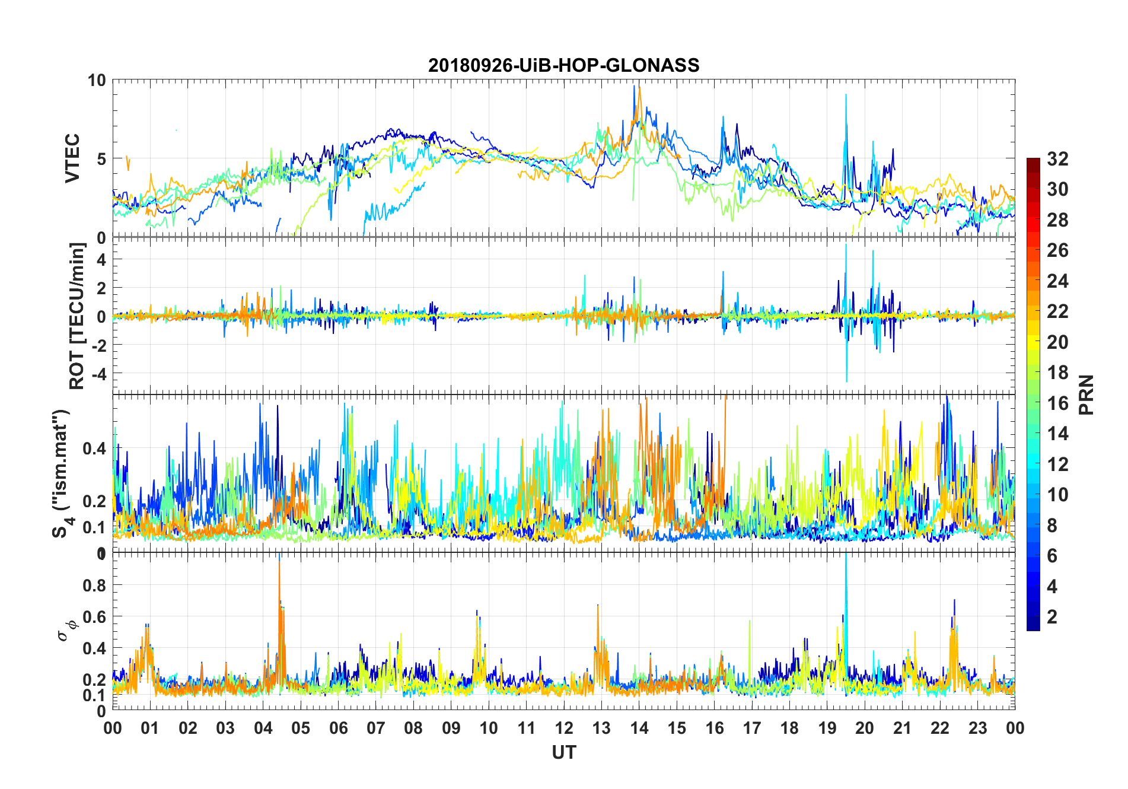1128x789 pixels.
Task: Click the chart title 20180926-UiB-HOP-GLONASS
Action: pos(563,65)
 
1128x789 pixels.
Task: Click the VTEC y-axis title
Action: pos(72,158)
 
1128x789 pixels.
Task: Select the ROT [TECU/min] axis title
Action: pos(77,316)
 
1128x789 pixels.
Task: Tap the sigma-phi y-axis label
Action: pos(66,629)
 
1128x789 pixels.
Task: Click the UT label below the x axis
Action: pos(563,753)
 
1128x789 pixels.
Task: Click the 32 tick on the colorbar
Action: pos(1057,159)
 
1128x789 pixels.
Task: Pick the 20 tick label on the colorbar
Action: pos(1057,342)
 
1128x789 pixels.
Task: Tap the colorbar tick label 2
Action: pos(1052,617)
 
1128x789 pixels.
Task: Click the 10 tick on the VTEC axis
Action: pos(97,80)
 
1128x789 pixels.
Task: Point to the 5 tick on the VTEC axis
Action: pos(101,159)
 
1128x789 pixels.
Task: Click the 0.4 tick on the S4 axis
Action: pos(94,448)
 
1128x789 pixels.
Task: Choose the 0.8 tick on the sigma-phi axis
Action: pos(94,586)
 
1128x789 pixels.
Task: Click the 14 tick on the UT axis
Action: pos(639,728)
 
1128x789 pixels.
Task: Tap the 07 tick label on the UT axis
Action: pos(376,728)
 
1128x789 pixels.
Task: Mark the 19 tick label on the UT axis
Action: pos(827,728)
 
